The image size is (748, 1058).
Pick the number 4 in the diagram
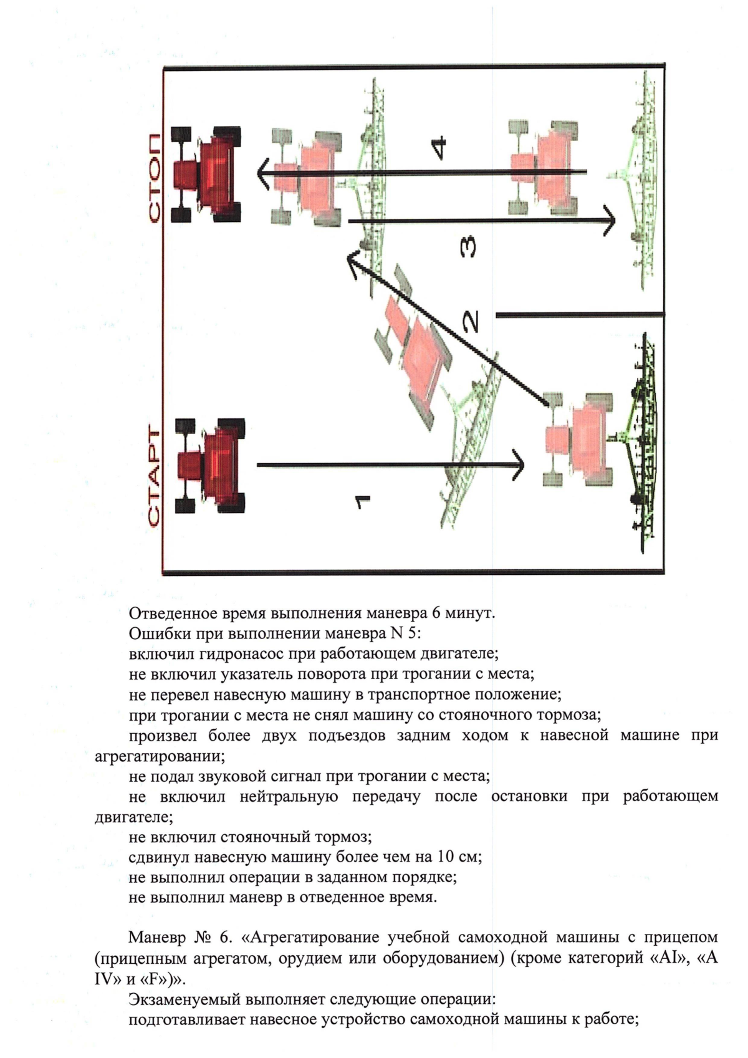[x=439, y=147]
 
